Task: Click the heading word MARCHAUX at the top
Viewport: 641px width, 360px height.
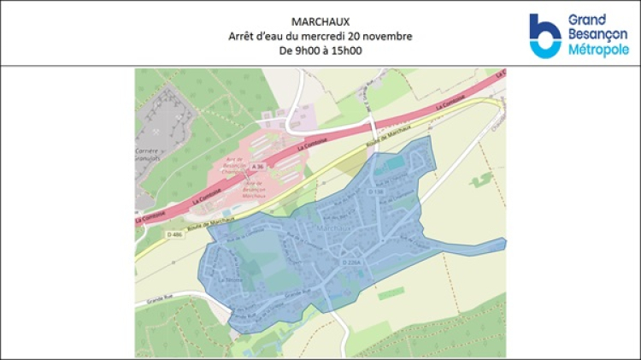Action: [x=320, y=21]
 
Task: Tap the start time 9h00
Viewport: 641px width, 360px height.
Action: [x=301, y=50]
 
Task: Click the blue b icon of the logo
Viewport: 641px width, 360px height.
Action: [x=544, y=36]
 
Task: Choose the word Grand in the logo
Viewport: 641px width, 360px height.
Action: [x=587, y=20]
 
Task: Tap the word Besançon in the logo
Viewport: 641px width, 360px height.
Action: [x=597, y=35]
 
